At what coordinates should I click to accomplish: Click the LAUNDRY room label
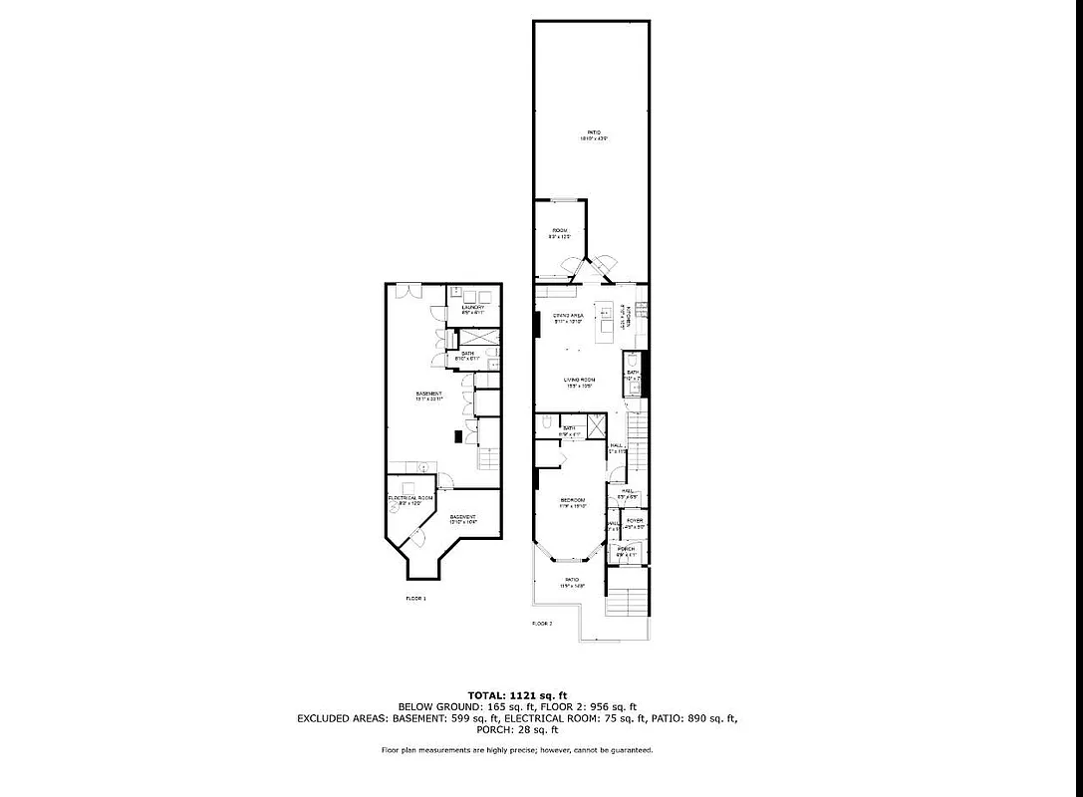473,307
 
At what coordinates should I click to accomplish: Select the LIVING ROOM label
579,380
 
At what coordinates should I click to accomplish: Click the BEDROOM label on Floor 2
572,500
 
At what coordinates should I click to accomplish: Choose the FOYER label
635,521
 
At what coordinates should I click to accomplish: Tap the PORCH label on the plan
626,549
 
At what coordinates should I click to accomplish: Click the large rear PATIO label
593,133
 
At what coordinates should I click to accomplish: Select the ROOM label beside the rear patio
560,230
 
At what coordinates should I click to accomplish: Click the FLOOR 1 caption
415,598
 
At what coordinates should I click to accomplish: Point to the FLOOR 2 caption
542,623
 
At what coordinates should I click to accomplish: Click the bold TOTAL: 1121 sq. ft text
517,694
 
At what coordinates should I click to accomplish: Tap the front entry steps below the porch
628,602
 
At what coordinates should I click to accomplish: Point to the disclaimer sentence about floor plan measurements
517,749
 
